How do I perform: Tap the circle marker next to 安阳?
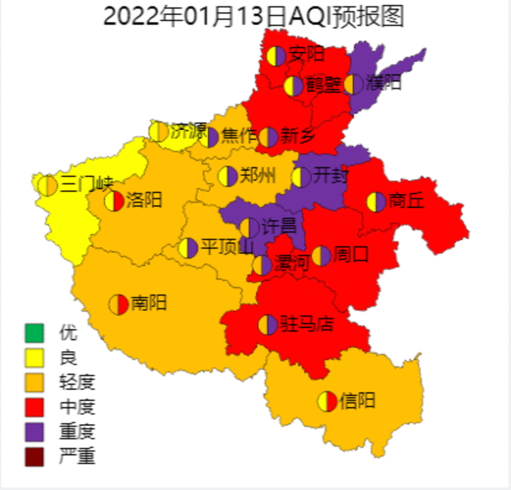(x=276, y=56)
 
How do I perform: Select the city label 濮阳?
(x=383, y=83)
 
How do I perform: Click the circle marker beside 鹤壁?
(x=294, y=86)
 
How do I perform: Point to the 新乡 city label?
(x=298, y=136)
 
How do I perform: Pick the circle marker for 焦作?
(x=209, y=137)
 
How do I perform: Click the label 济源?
(x=187, y=130)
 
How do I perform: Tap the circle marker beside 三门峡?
(x=48, y=185)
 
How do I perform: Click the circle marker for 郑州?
(x=228, y=176)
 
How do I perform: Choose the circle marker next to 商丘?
(x=376, y=201)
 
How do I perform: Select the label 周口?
(x=352, y=255)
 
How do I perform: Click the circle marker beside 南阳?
(x=119, y=304)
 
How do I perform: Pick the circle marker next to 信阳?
(x=327, y=401)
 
